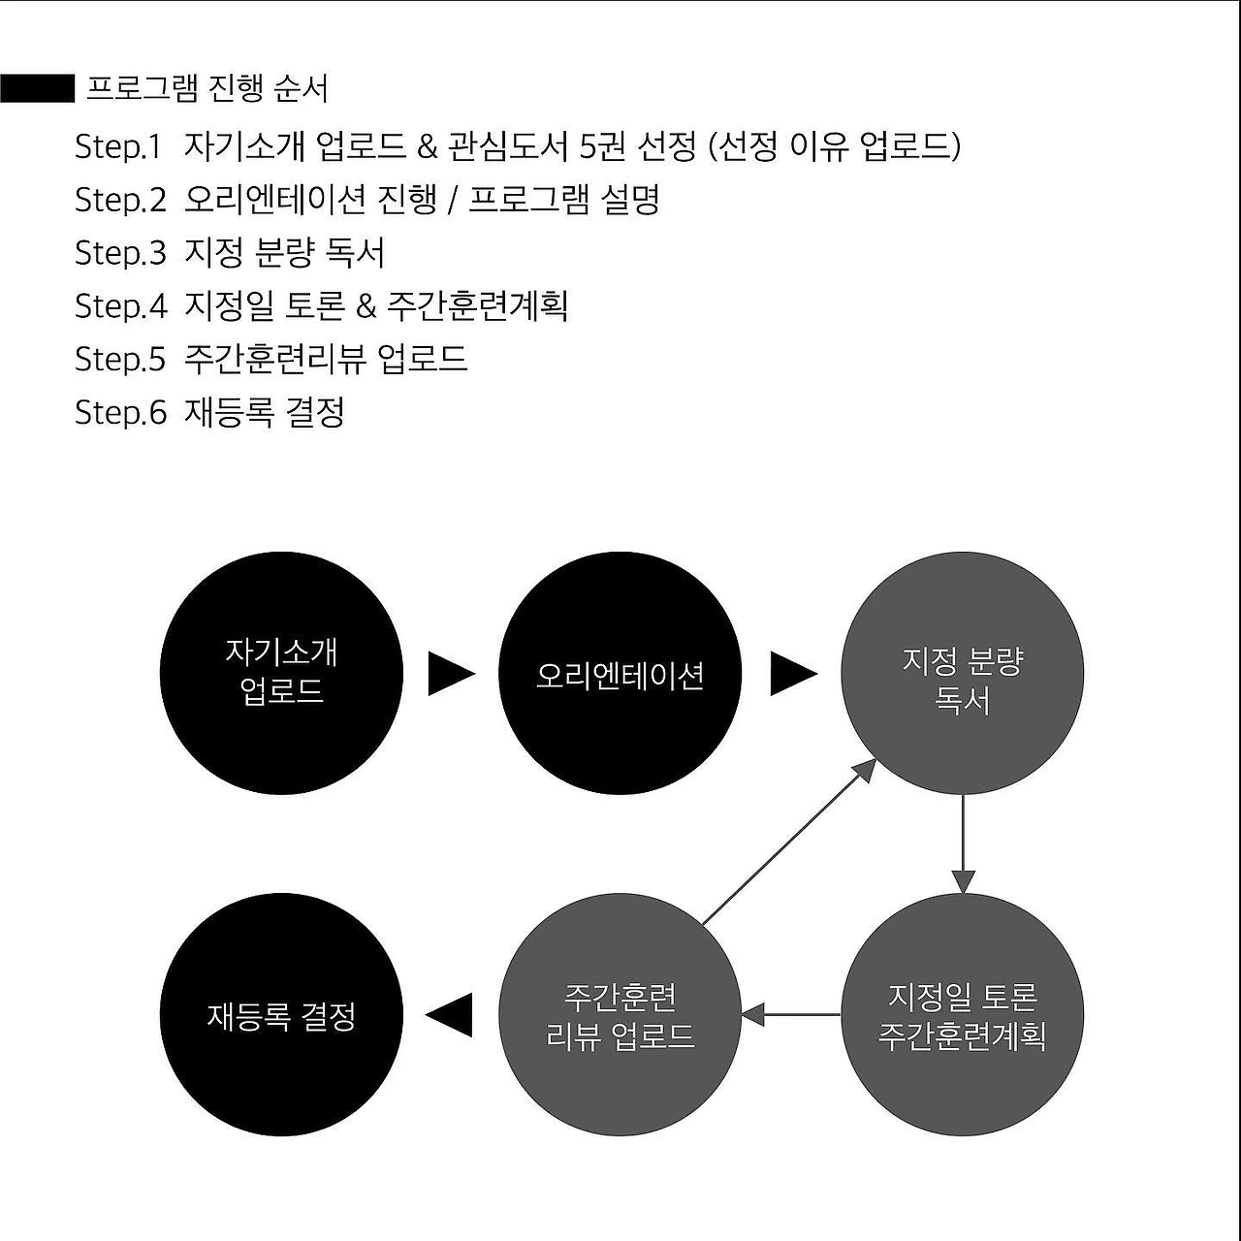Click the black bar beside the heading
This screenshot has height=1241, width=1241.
click(37, 88)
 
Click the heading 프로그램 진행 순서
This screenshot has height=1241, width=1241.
click(207, 88)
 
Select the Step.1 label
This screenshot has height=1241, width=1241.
click(117, 146)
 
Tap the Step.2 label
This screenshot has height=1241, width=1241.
click(120, 200)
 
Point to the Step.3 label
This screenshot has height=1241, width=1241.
click(120, 253)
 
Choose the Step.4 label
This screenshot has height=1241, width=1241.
click(120, 306)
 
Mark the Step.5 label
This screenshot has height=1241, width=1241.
click(120, 360)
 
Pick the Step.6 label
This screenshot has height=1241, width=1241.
click(120, 413)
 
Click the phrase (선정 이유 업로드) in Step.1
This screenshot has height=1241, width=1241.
click(835, 146)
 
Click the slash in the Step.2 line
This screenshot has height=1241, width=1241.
click(453, 201)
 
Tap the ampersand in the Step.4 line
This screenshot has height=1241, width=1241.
click(366, 306)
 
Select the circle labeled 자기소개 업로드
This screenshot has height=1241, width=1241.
click(281, 673)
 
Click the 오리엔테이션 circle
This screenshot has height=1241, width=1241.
click(620, 673)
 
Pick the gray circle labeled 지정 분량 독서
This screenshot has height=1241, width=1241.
click(962, 673)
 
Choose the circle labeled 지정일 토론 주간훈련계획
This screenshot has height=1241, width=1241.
click(962, 1014)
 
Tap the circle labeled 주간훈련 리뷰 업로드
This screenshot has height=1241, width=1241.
click(620, 1014)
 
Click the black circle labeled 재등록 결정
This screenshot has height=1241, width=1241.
click(281, 1014)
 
